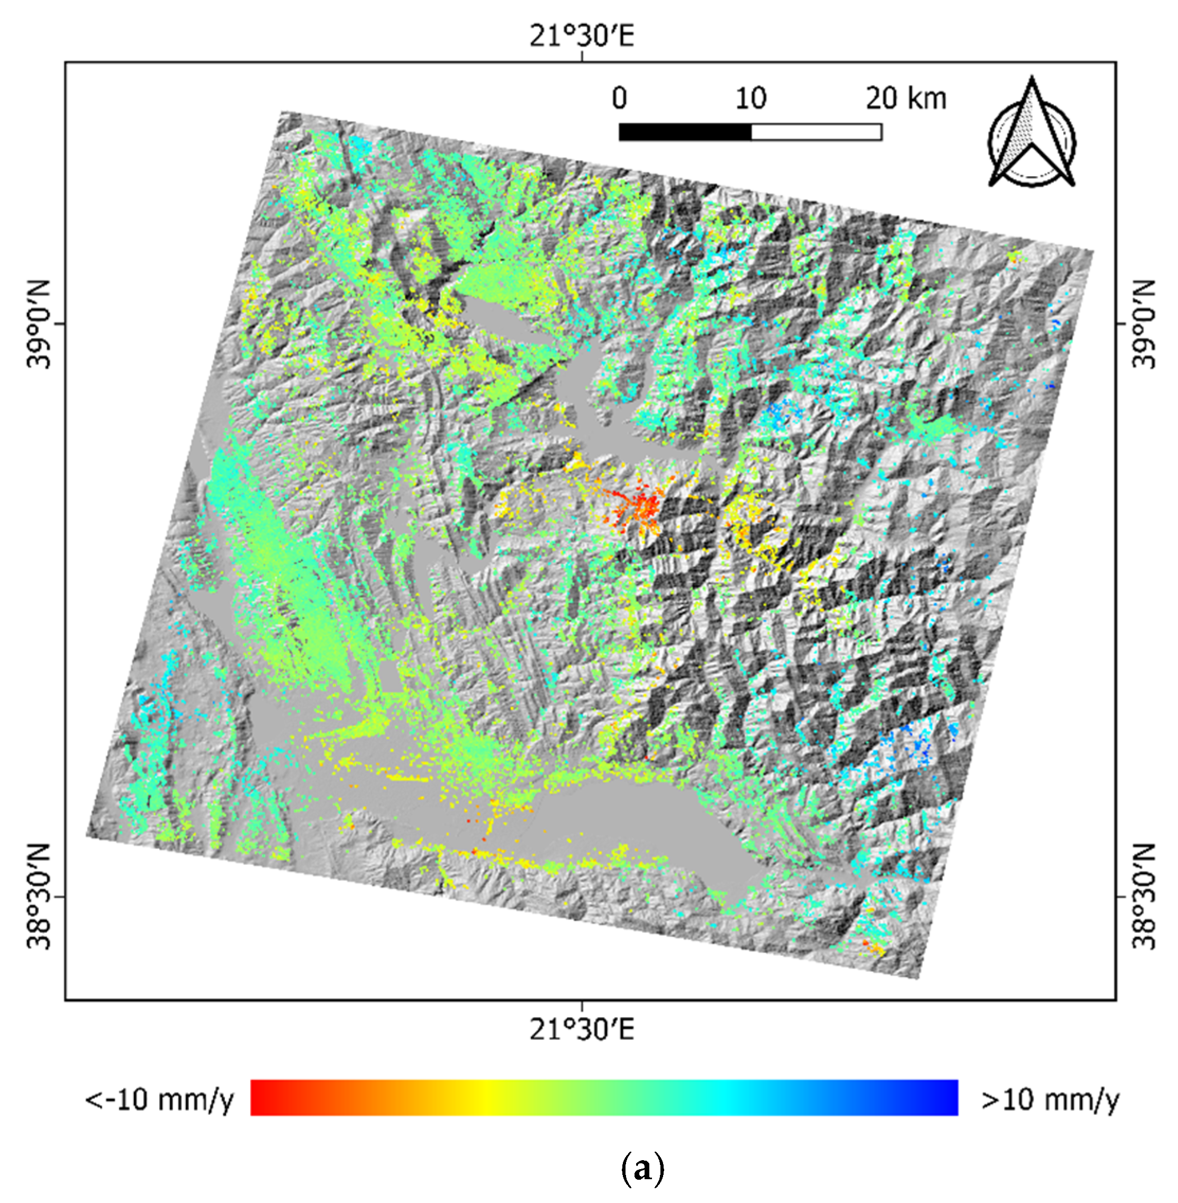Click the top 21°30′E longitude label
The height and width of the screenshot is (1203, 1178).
pos(582,36)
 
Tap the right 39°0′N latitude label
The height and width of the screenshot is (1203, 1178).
pos(1144,324)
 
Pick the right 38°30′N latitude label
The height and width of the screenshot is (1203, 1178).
pos(1144,896)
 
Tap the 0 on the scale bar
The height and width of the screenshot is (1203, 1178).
pos(619,98)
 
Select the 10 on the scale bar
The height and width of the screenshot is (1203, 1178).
pos(750,98)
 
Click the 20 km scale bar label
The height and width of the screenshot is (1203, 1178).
pos(906,98)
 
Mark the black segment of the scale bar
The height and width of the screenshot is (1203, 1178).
pos(685,132)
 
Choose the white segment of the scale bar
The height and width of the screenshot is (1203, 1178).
pos(816,132)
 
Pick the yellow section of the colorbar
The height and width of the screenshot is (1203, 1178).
pos(486,1097)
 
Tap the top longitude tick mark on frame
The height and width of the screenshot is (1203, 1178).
pos(582,57)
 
